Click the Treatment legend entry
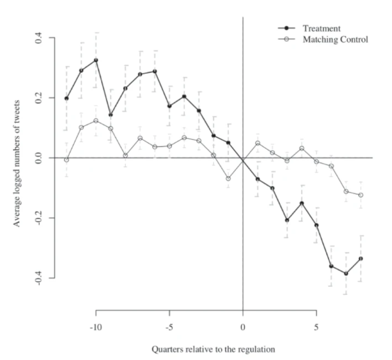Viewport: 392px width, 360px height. (x=321, y=29)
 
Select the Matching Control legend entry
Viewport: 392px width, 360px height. (x=335, y=40)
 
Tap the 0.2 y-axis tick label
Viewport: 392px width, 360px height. (x=39, y=98)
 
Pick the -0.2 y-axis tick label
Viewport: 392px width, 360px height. (x=39, y=218)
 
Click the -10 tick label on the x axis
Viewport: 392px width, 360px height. (x=96, y=327)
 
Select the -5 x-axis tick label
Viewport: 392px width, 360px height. (x=169, y=327)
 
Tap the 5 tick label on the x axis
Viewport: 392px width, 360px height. (x=316, y=327)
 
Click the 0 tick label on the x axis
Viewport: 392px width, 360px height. (x=243, y=327)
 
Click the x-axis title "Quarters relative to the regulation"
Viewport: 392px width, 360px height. (x=214, y=349)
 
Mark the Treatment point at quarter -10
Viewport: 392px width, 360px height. (x=96, y=60)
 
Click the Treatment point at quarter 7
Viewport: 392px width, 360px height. (x=346, y=273)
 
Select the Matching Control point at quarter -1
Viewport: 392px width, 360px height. (x=228, y=179)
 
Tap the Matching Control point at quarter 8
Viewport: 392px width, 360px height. (x=361, y=195)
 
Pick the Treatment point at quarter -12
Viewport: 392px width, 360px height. (x=66, y=98)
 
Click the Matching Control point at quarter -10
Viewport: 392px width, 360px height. (x=96, y=121)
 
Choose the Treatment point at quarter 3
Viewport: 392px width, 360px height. (x=287, y=220)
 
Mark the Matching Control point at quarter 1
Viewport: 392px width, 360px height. (x=257, y=143)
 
